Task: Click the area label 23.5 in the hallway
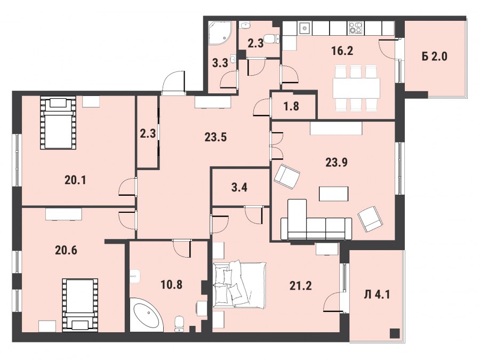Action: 215,137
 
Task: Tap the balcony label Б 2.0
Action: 434,57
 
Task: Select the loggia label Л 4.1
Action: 377,295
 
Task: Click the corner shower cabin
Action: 220,33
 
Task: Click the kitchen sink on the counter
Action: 305,28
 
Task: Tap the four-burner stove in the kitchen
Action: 356,28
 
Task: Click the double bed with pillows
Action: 239,284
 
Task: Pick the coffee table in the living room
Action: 334,194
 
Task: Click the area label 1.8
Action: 291,106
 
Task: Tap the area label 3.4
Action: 239,187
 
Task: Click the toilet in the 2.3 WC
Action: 271,38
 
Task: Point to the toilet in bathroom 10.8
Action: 179,324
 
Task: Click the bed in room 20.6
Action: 80,305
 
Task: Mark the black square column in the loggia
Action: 395,333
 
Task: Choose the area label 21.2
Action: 301,286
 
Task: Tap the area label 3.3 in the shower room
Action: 220,63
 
